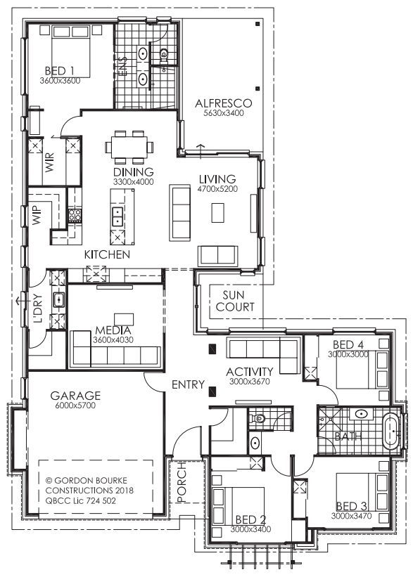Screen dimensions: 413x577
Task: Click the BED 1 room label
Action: [x=60, y=70]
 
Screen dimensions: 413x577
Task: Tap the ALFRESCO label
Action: [x=224, y=103]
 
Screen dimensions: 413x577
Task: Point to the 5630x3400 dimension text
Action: [x=224, y=113]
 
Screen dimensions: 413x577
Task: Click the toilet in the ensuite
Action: [x=163, y=55]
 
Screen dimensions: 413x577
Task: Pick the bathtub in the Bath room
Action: [x=392, y=432]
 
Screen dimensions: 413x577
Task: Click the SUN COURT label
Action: [x=235, y=301]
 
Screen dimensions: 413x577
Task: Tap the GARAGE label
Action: [x=75, y=396]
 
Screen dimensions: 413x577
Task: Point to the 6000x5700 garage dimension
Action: [x=75, y=406]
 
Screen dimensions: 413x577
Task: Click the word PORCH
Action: [x=182, y=482]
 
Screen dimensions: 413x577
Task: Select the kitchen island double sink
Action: [x=117, y=216]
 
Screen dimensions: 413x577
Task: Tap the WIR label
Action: [x=50, y=162]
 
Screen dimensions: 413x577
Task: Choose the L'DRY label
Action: [x=38, y=309]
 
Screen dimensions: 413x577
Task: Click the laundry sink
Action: [x=58, y=299]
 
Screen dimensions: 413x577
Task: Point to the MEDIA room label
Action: [x=113, y=330]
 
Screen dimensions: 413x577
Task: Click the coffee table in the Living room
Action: [x=217, y=213]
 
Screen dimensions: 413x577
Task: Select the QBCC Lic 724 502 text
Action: [x=81, y=500]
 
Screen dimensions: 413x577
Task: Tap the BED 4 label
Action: [x=348, y=345]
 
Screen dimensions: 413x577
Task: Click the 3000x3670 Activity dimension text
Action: [x=250, y=382]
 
